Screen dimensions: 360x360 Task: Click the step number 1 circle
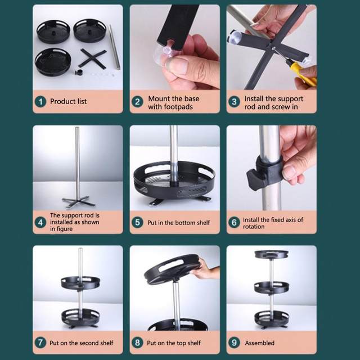point(40,101)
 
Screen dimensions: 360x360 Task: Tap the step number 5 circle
point(137,222)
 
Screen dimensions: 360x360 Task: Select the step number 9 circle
point(234,343)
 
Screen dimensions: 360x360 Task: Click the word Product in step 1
point(60,101)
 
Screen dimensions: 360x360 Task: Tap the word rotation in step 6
point(254,227)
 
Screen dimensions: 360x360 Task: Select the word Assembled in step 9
point(260,343)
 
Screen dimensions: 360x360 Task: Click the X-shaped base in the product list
point(93,58)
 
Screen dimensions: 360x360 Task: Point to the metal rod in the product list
point(115,47)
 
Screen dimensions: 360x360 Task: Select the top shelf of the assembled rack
point(272,254)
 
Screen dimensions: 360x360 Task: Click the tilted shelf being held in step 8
point(172,269)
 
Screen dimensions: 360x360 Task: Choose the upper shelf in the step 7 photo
point(80,283)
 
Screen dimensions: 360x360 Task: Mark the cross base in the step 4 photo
point(79,202)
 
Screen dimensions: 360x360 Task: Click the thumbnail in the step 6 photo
point(289,172)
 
